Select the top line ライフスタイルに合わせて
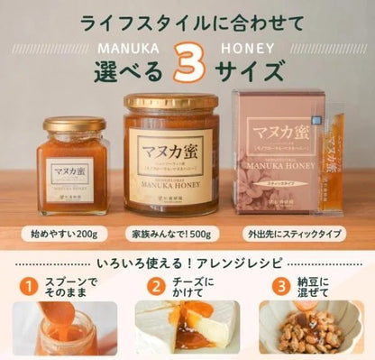188,18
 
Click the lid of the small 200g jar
75,125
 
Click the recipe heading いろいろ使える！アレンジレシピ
187,265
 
